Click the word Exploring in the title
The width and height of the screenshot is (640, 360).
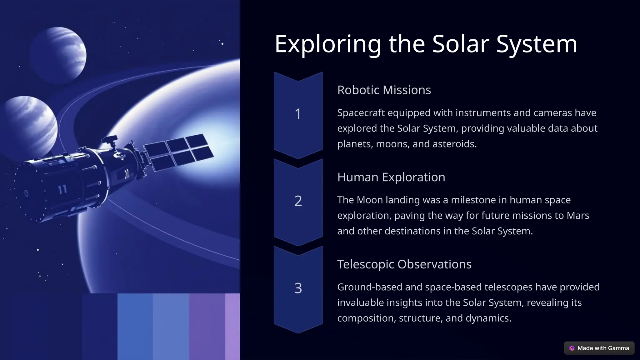(x=327, y=44)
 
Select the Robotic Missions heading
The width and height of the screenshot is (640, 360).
(x=384, y=90)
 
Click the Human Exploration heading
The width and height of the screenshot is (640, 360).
(x=391, y=177)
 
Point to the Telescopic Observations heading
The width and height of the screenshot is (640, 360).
(x=404, y=264)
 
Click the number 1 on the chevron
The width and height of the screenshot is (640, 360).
(x=298, y=114)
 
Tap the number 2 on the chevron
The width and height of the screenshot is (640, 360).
(x=298, y=201)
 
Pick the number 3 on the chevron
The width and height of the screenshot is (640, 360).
(x=298, y=288)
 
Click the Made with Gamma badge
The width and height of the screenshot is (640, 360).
(x=599, y=348)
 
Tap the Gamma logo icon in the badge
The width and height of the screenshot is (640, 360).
(x=572, y=348)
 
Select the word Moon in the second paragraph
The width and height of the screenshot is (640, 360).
(x=370, y=200)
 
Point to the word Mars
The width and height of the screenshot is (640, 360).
(x=578, y=216)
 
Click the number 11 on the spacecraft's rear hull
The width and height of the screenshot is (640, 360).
(x=62, y=189)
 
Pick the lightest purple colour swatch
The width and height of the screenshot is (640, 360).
(x=232, y=326)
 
